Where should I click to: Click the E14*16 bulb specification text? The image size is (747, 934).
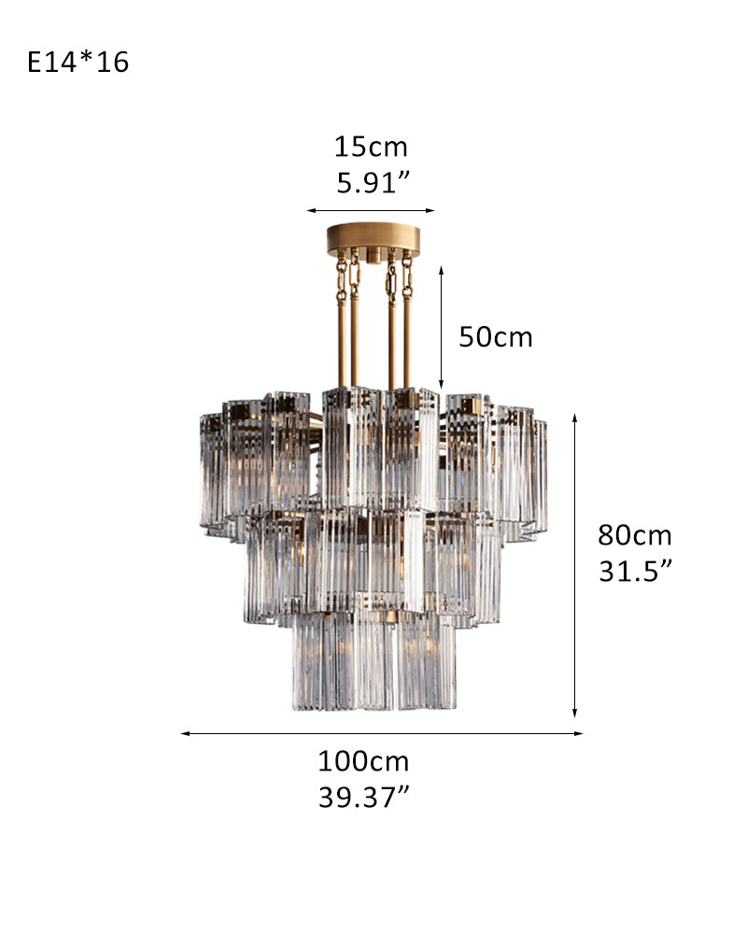pos(78,62)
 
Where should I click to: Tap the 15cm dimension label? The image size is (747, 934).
pos(371,148)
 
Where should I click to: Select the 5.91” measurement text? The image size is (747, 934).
pos(373,182)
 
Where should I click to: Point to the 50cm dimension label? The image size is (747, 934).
pos(496,337)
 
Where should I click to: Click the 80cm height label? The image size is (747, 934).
pos(635,535)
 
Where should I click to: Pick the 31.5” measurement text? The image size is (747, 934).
pos(635,571)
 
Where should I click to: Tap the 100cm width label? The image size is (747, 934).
pos(363,761)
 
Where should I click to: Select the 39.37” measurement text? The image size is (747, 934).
pos(364,797)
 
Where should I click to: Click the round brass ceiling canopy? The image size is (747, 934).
pos(373,239)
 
